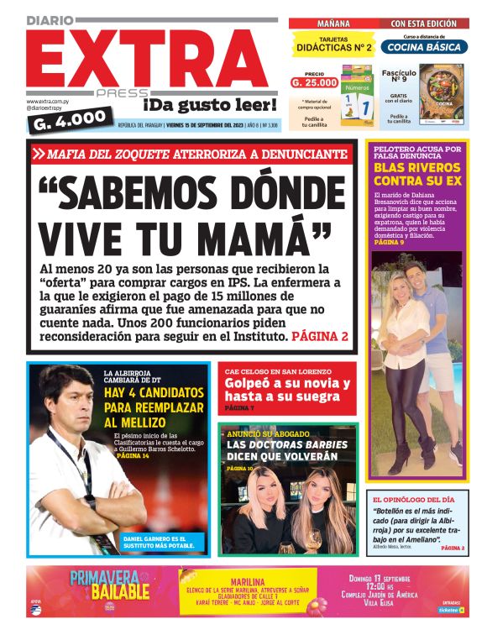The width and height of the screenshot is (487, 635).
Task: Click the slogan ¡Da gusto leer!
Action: pyautogui.click(x=209, y=105)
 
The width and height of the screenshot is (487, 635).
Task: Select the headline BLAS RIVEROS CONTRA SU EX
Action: pyautogui.click(x=416, y=174)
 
